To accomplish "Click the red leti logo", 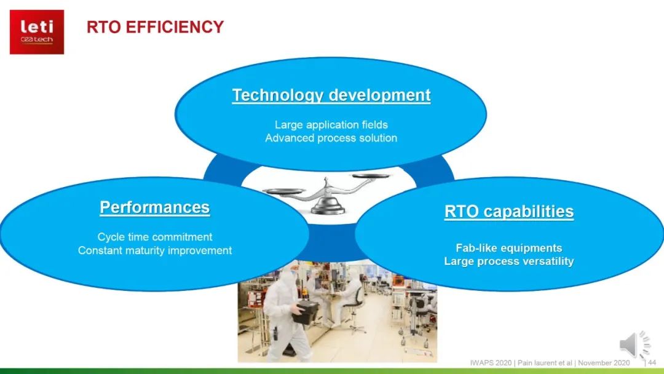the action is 37,32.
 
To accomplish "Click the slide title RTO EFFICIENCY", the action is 155,27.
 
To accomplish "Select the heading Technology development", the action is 331,95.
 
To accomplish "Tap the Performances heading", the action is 154,207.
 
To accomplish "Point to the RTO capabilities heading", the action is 509,212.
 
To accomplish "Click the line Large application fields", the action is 331,124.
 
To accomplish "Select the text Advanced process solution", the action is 331,138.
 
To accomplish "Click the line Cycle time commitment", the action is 154,237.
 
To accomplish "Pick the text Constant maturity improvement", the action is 154,250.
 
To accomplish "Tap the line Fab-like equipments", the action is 509,248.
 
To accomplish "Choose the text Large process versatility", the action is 509,261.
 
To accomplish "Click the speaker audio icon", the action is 634,344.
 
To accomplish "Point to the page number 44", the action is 652,362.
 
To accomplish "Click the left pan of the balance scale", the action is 283,191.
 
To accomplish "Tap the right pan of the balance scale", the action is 371,175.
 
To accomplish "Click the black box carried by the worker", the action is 306,312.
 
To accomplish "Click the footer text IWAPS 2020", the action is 491,363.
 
